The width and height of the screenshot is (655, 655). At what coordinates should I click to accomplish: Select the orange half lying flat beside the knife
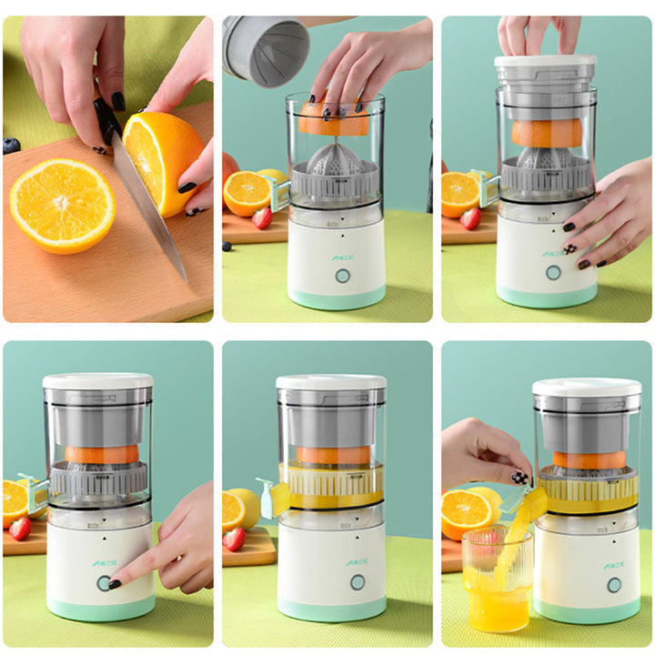pyautogui.click(x=62, y=205)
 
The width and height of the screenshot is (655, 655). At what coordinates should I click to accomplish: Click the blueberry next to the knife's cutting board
pyautogui.click(x=11, y=146)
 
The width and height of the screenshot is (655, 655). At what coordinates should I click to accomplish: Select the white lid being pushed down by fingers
pyautogui.click(x=545, y=65)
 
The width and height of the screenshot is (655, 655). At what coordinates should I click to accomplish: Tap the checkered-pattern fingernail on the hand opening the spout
pyautogui.click(x=519, y=478)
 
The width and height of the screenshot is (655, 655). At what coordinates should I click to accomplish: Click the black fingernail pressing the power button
pyautogui.click(x=115, y=584)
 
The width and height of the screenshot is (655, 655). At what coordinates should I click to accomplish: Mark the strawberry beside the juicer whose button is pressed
pyautogui.click(x=20, y=528)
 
